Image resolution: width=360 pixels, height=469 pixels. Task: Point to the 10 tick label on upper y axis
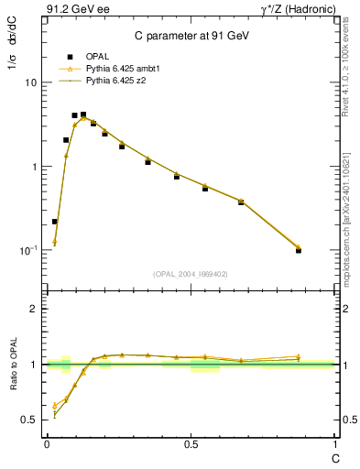(30, 82)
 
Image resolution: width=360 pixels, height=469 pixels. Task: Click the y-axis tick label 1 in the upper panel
(34, 167)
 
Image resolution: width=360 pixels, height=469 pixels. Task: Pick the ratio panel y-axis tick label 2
(34, 309)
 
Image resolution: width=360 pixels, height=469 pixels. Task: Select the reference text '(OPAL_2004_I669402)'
(191, 274)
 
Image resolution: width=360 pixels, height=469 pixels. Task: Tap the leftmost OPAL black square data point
(55, 222)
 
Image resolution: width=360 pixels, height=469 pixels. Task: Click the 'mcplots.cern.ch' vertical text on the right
(347, 250)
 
